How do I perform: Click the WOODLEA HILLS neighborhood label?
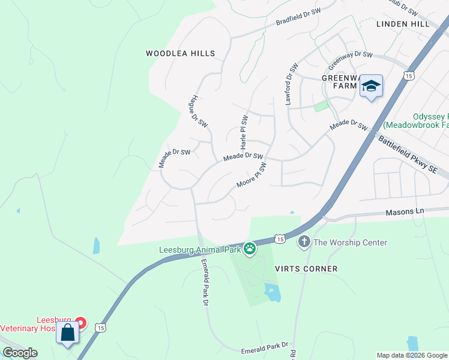click(180, 54)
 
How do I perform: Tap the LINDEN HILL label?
click(403, 24)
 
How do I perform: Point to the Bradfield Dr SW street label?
click(299, 19)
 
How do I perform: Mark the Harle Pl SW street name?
click(244, 132)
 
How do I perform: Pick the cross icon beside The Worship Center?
click(304, 242)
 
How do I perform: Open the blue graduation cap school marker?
click(371, 86)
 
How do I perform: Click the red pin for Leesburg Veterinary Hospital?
click(80, 324)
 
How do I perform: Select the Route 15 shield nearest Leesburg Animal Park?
click(279, 239)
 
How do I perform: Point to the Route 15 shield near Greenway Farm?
click(408, 76)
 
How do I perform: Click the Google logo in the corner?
click(20, 353)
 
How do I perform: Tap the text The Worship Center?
click(350, 242)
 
